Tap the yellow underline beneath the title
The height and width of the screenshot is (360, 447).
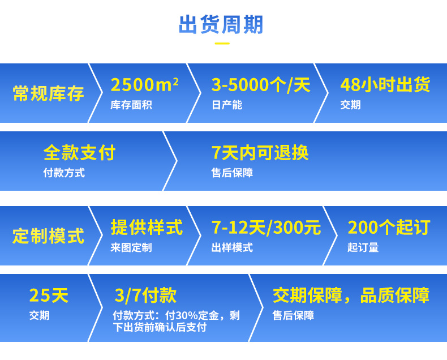tap(222, 44)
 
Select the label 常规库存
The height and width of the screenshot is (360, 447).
tap(48, 93)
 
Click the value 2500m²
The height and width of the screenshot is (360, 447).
tap(145, 85)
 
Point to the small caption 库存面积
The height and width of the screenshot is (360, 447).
tap(131, 105)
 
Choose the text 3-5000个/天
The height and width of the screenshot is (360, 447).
tap(261, 85)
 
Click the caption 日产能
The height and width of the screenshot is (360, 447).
tap(227, 105)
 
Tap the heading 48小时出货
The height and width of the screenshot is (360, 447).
tap(385, 85)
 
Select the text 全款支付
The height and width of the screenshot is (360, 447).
tap(79, 152)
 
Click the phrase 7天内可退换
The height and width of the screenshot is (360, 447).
tap(260, 152)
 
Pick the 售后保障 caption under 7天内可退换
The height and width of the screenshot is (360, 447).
tap(232, 173)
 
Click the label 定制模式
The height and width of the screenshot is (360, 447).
tap(48, 236)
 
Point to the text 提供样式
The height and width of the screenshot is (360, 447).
tap(147, 228)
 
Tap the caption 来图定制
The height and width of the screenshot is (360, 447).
tap(131, 247)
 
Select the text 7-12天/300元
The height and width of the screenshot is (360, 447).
tap(267, 228)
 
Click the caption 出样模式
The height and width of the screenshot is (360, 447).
tap(232, 247)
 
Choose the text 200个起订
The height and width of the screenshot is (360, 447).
tap(389, 228)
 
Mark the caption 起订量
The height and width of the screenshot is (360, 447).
tap(363, 247)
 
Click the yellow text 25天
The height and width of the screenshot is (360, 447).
tap(49, 295)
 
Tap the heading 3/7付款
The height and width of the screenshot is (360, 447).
tap(145, 295)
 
